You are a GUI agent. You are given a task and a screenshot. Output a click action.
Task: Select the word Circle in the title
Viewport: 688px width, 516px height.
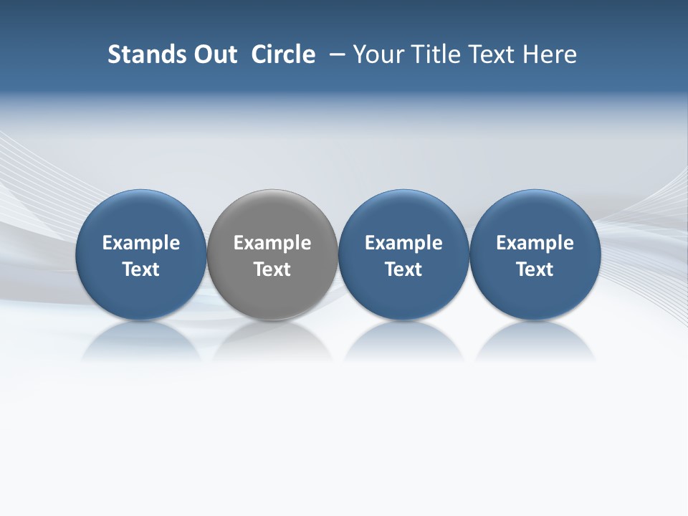pyautogui.click(x=283, y=54)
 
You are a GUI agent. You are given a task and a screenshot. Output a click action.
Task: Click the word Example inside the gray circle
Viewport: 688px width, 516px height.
pyautogui.click(x=272, y=243)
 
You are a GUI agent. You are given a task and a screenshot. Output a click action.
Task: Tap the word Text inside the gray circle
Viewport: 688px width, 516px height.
pyautogui.click(x=272, y=269)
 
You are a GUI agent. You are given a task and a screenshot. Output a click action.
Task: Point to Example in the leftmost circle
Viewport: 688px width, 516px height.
pyautogui.click(x=141, y=243)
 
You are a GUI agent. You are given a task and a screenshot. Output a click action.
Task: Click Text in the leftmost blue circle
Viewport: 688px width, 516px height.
pyautogui.click(x=141, y=269)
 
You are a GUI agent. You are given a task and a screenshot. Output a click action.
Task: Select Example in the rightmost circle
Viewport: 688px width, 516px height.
pyautogui.click(x=535, y=243)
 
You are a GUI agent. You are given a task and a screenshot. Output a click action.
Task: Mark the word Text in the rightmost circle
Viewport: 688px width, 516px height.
pyautogui.click(x=535, y=269)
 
